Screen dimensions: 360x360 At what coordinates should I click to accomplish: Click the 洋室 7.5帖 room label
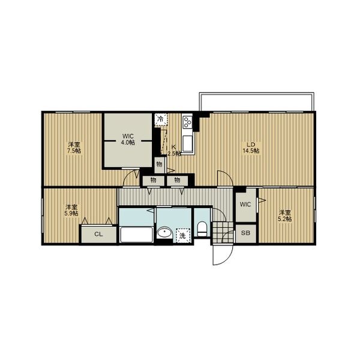pyautogui.click(x=74, y=148)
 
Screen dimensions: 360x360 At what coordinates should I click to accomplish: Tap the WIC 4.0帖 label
pyautogui.click(x=128, y=139)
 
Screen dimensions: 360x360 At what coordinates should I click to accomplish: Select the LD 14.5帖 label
pyautogui.click(x=251, y=148)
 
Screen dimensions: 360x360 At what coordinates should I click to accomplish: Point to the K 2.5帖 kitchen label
pyautogui.click(x=174, y=151)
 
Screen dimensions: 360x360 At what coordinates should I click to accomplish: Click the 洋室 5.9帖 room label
pyautogui.click(x=71, y=210)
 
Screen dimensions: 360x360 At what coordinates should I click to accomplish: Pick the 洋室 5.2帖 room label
pyautogui.click(x=285, y=215)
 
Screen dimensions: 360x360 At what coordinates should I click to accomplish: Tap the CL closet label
pyautogui.click(x=98, y=234)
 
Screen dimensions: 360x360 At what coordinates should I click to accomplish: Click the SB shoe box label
pyautogui.click(x=245, y=233)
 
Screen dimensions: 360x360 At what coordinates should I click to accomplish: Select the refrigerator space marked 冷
pyautogui.click(x=161, y=119)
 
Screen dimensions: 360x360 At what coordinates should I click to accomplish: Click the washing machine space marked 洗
pyautogui.click(x=182, y=235)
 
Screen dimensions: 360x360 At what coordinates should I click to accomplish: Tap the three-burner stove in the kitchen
pyautogui.click(x=187, y=122)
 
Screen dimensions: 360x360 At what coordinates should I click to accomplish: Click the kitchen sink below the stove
pyautogui.click(x=188, y=143)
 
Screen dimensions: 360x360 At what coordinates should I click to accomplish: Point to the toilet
pyautogui.click(x=202, y=229)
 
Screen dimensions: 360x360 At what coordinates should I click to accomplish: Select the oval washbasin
pyautogui.click(x=164, y=232)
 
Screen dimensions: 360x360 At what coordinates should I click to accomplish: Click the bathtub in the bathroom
pyautogui.click(x=137, y=235)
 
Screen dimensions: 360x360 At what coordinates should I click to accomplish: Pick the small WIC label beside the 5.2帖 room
pyautogui.click(x=245, y=205)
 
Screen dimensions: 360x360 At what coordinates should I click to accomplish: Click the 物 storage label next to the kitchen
pyautogui.click(x=159, y=164)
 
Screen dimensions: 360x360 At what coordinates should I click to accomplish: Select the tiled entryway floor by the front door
pyautogui.click(x=223, y=232)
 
